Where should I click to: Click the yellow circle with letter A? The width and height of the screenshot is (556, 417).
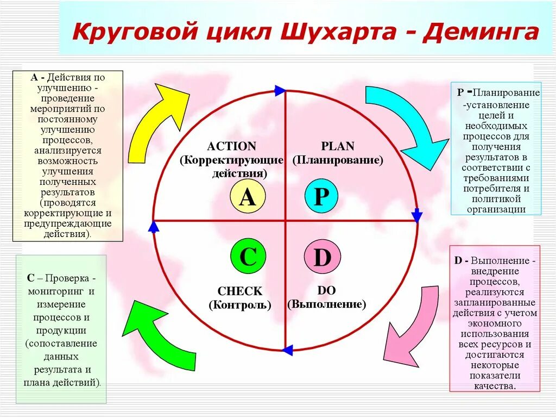[247, 197]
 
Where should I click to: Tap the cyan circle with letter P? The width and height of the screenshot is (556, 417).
[321, 197]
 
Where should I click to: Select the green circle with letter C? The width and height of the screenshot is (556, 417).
[248, 256]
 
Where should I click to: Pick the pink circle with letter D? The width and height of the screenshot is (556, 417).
[321, 257]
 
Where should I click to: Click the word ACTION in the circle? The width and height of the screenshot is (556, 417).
[231, 146]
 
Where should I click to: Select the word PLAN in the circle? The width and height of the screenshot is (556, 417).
[337, 146]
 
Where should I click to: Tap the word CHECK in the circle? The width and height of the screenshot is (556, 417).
[239, 291]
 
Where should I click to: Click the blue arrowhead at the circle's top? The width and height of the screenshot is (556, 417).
[280, 90]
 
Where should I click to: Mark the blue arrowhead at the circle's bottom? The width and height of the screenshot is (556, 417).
[287, 350]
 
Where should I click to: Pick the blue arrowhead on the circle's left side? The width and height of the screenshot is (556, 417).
[154, 226]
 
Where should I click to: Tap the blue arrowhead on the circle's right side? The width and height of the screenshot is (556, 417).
[416, 216]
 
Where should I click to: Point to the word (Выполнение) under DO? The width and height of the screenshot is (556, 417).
[327, 304]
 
